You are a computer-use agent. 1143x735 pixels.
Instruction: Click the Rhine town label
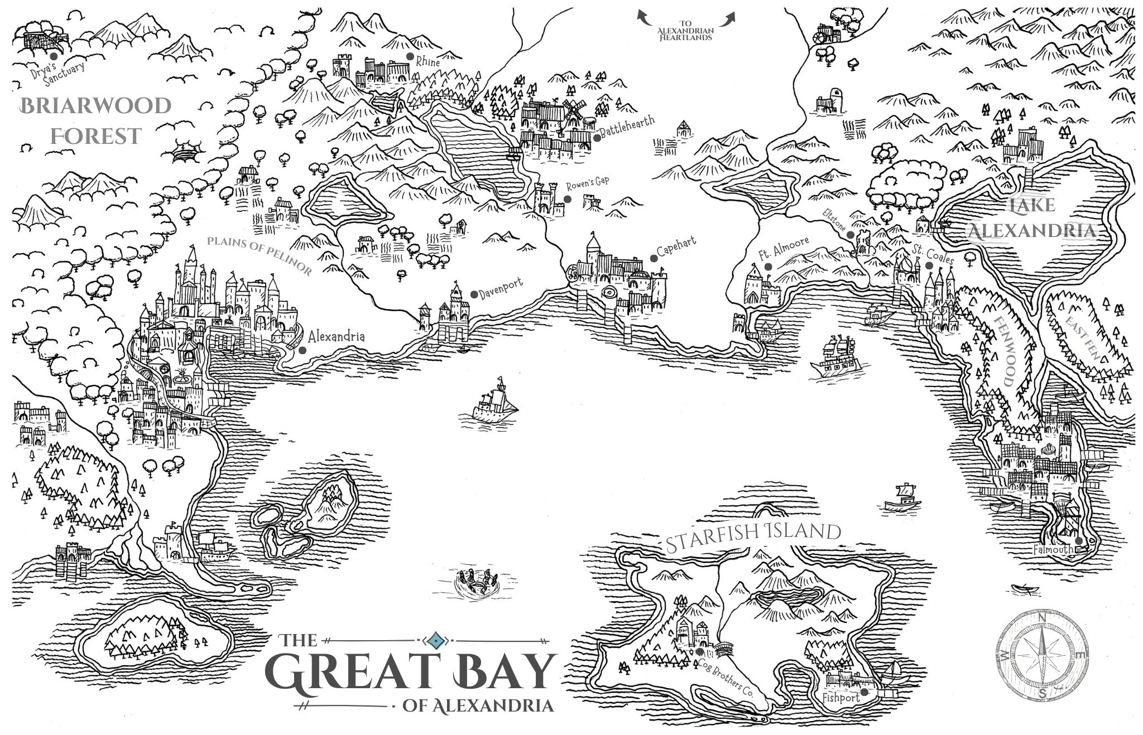tap(428, 62)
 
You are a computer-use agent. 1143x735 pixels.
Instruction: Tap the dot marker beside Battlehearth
tap(597, 137)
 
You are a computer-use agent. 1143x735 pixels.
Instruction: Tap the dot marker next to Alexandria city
tap(302, 350)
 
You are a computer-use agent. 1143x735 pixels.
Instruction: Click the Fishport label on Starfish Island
tap(841, 697)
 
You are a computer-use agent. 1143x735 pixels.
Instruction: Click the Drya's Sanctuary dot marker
tap(54, 56)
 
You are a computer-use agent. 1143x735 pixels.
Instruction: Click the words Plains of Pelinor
tap(259, 254)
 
